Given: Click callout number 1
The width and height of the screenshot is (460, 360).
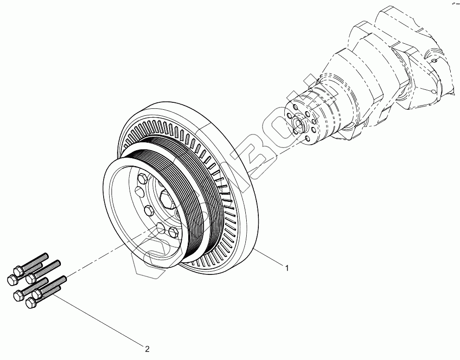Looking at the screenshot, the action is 287,268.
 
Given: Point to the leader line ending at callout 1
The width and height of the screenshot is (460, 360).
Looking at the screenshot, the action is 269,259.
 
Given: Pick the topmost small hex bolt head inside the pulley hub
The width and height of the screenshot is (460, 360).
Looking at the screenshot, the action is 142,177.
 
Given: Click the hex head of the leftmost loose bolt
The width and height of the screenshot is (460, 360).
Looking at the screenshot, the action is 12,279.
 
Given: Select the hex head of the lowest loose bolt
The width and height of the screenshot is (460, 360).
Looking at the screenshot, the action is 31,303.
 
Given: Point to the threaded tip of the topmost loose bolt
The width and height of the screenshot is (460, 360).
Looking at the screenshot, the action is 46,255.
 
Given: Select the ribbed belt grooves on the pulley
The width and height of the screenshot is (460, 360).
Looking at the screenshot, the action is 195,195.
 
